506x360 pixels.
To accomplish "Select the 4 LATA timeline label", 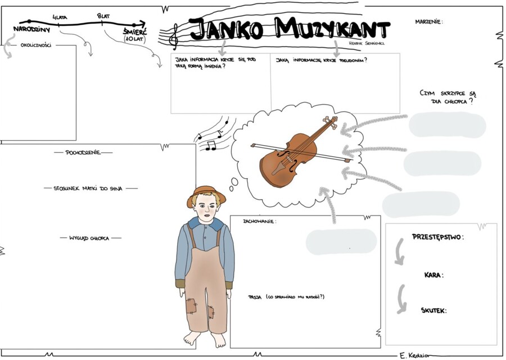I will point(59,17).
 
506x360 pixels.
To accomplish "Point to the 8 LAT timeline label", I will point(103,16).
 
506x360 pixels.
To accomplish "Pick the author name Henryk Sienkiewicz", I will point(366,43).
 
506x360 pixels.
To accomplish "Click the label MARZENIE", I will point(429,22).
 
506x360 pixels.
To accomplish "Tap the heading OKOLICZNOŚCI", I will point(35,46).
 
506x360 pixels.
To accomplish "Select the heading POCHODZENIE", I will point(83,152).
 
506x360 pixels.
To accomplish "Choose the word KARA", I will point(433,275).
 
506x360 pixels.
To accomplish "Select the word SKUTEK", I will point(433,310).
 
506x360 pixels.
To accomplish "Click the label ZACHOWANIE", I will point(259,222).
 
